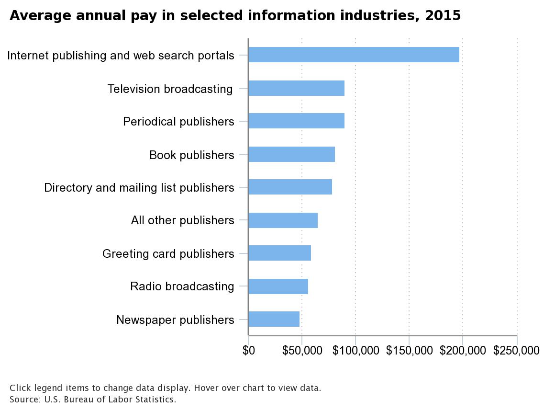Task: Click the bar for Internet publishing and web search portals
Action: (x=354, y=55)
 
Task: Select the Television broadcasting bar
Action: (x=296, y=88)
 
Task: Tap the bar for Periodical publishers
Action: (x=296, y=121)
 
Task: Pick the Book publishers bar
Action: (x=291, y=154)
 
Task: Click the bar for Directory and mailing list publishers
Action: (x=290, y=187)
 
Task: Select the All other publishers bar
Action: (x=283, y=220)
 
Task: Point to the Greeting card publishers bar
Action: (x=279, y=253)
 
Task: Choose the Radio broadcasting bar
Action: (x=278, y=286)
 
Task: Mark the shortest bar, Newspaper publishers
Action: (x=274, y=319)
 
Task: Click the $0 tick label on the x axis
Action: (x=249, y=351)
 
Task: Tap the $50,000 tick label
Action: (x=302, y=351)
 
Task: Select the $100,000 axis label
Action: (x=355, y=351)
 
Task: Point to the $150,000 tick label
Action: (x=409, y=351)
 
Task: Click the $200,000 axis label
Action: (x=463, y=351)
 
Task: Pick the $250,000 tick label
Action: (x=516, y=351)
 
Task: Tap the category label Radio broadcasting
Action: (x=182, y=286)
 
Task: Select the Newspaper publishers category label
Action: (x=175, y=320)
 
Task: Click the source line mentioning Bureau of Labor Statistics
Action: (x=93, y=399)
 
